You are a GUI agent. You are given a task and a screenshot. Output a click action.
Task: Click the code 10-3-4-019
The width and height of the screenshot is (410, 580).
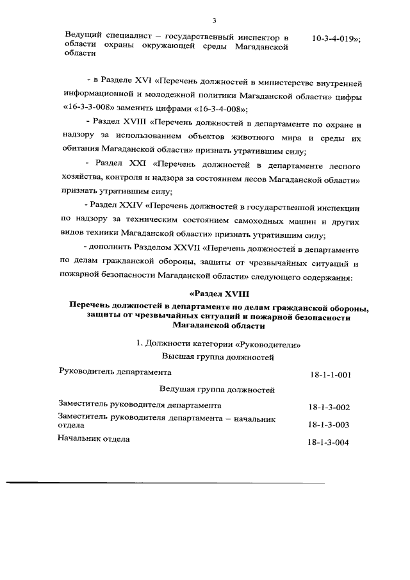click(335, 38)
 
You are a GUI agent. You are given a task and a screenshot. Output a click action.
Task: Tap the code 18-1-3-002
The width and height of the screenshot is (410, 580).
click(328, 407)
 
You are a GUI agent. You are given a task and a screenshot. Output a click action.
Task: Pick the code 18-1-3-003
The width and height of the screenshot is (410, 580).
click(328, 424)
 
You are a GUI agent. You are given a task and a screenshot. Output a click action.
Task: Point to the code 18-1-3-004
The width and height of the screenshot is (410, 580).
click(328, 442)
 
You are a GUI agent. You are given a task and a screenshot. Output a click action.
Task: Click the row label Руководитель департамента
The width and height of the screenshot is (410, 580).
click(115, 371)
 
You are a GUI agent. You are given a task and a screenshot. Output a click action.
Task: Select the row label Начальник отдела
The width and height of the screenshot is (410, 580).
click(94, 439)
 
